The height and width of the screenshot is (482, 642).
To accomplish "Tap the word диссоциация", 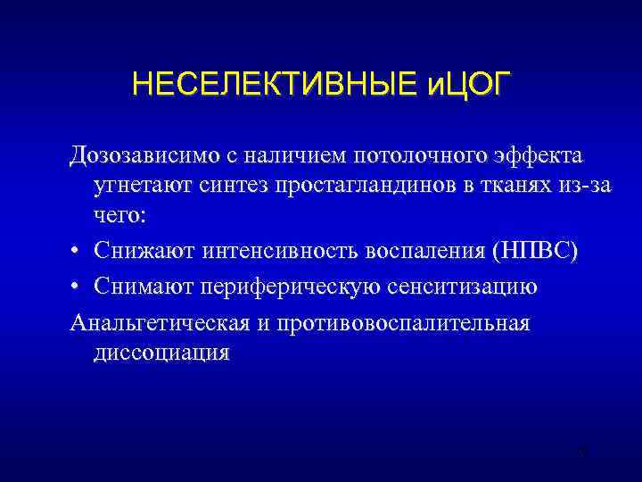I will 160,352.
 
